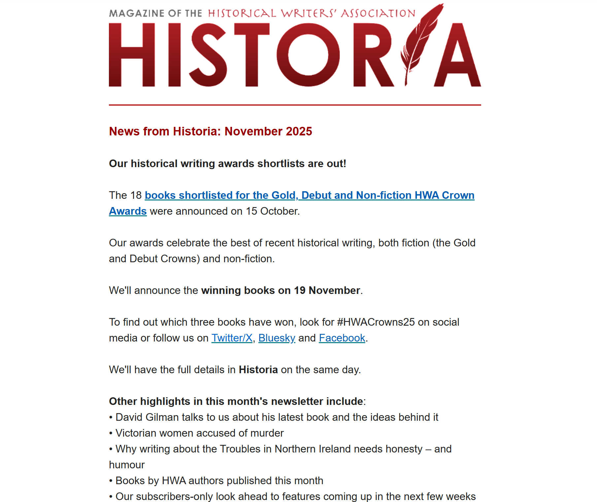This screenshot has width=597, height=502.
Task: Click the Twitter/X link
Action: click(232, 338)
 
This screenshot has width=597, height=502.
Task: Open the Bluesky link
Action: click(277, 338)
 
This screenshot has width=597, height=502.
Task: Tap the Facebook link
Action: click(342, 338)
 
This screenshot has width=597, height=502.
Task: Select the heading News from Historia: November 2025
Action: click(210, 131)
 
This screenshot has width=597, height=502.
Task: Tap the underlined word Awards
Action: click(128, 211)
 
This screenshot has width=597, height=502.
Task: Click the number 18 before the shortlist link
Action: click(135, 195)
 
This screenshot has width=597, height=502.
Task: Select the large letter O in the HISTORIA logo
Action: click(308, 55)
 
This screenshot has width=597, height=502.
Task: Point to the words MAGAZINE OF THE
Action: click(155, 13)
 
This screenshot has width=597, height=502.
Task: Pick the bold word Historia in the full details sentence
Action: click(258, 370)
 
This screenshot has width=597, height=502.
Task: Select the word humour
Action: click(127, 465)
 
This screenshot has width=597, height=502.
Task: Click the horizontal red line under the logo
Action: click(295, 105)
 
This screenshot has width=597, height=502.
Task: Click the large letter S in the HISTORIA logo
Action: click(208, 55)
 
